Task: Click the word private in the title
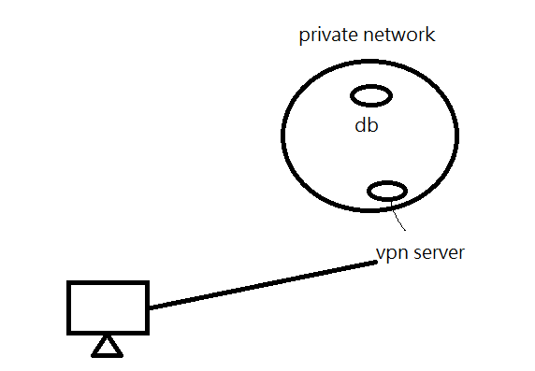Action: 328,36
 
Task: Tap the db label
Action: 367,125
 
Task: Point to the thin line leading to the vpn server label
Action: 398,216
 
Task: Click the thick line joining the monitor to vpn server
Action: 263,285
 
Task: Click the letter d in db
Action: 361,125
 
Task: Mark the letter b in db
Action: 373,125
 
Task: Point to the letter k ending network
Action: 431,35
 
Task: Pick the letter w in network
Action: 398,36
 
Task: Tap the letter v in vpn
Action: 380,254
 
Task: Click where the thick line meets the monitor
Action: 150,307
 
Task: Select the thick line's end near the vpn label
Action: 376,262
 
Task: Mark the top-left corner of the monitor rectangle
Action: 67,281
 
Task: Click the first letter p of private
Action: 304,37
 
